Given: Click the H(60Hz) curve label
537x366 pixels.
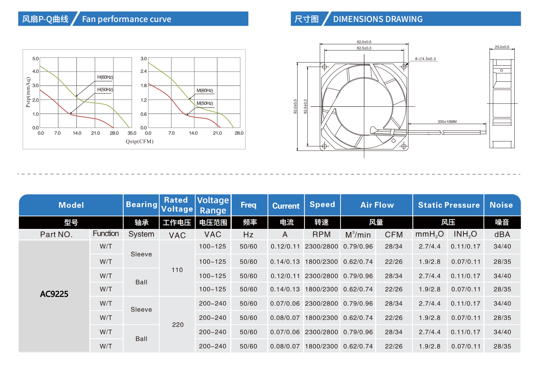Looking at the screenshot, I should pos(105,77).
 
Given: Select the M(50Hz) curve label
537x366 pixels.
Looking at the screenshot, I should pos(205,103).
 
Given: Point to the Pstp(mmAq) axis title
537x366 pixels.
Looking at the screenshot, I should pos(28,92).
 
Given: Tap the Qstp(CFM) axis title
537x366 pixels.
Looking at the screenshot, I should pos(140,142).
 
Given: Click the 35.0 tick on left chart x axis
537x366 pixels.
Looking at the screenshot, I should pos(132,133).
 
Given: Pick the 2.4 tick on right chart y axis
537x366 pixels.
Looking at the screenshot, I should pos(144,71).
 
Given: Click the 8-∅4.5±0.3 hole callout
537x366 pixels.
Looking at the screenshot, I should pos(426,59).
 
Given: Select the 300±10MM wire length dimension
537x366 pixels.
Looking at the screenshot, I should pos(447,122).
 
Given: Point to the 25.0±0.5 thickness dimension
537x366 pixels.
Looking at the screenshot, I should pos(502,47).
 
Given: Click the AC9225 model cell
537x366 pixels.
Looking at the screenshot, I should pos(54,294).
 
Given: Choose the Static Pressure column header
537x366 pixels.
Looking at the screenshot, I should pos(449,205).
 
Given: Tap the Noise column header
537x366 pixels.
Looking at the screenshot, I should pos(501,205).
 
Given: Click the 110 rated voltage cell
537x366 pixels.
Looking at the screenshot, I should pos(177,270).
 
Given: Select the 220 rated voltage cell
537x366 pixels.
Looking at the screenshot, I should pos(178,325).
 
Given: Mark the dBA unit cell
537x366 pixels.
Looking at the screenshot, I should pos(502,235).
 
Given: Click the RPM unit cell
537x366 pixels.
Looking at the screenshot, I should pos(322,235).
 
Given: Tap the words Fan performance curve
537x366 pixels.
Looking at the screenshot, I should pos(127,19).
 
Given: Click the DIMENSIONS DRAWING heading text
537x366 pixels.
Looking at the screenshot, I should pos(378,19).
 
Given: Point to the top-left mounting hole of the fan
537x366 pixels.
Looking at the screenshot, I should pos(324,67).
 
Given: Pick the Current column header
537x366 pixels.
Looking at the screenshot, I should pos(286,206).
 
